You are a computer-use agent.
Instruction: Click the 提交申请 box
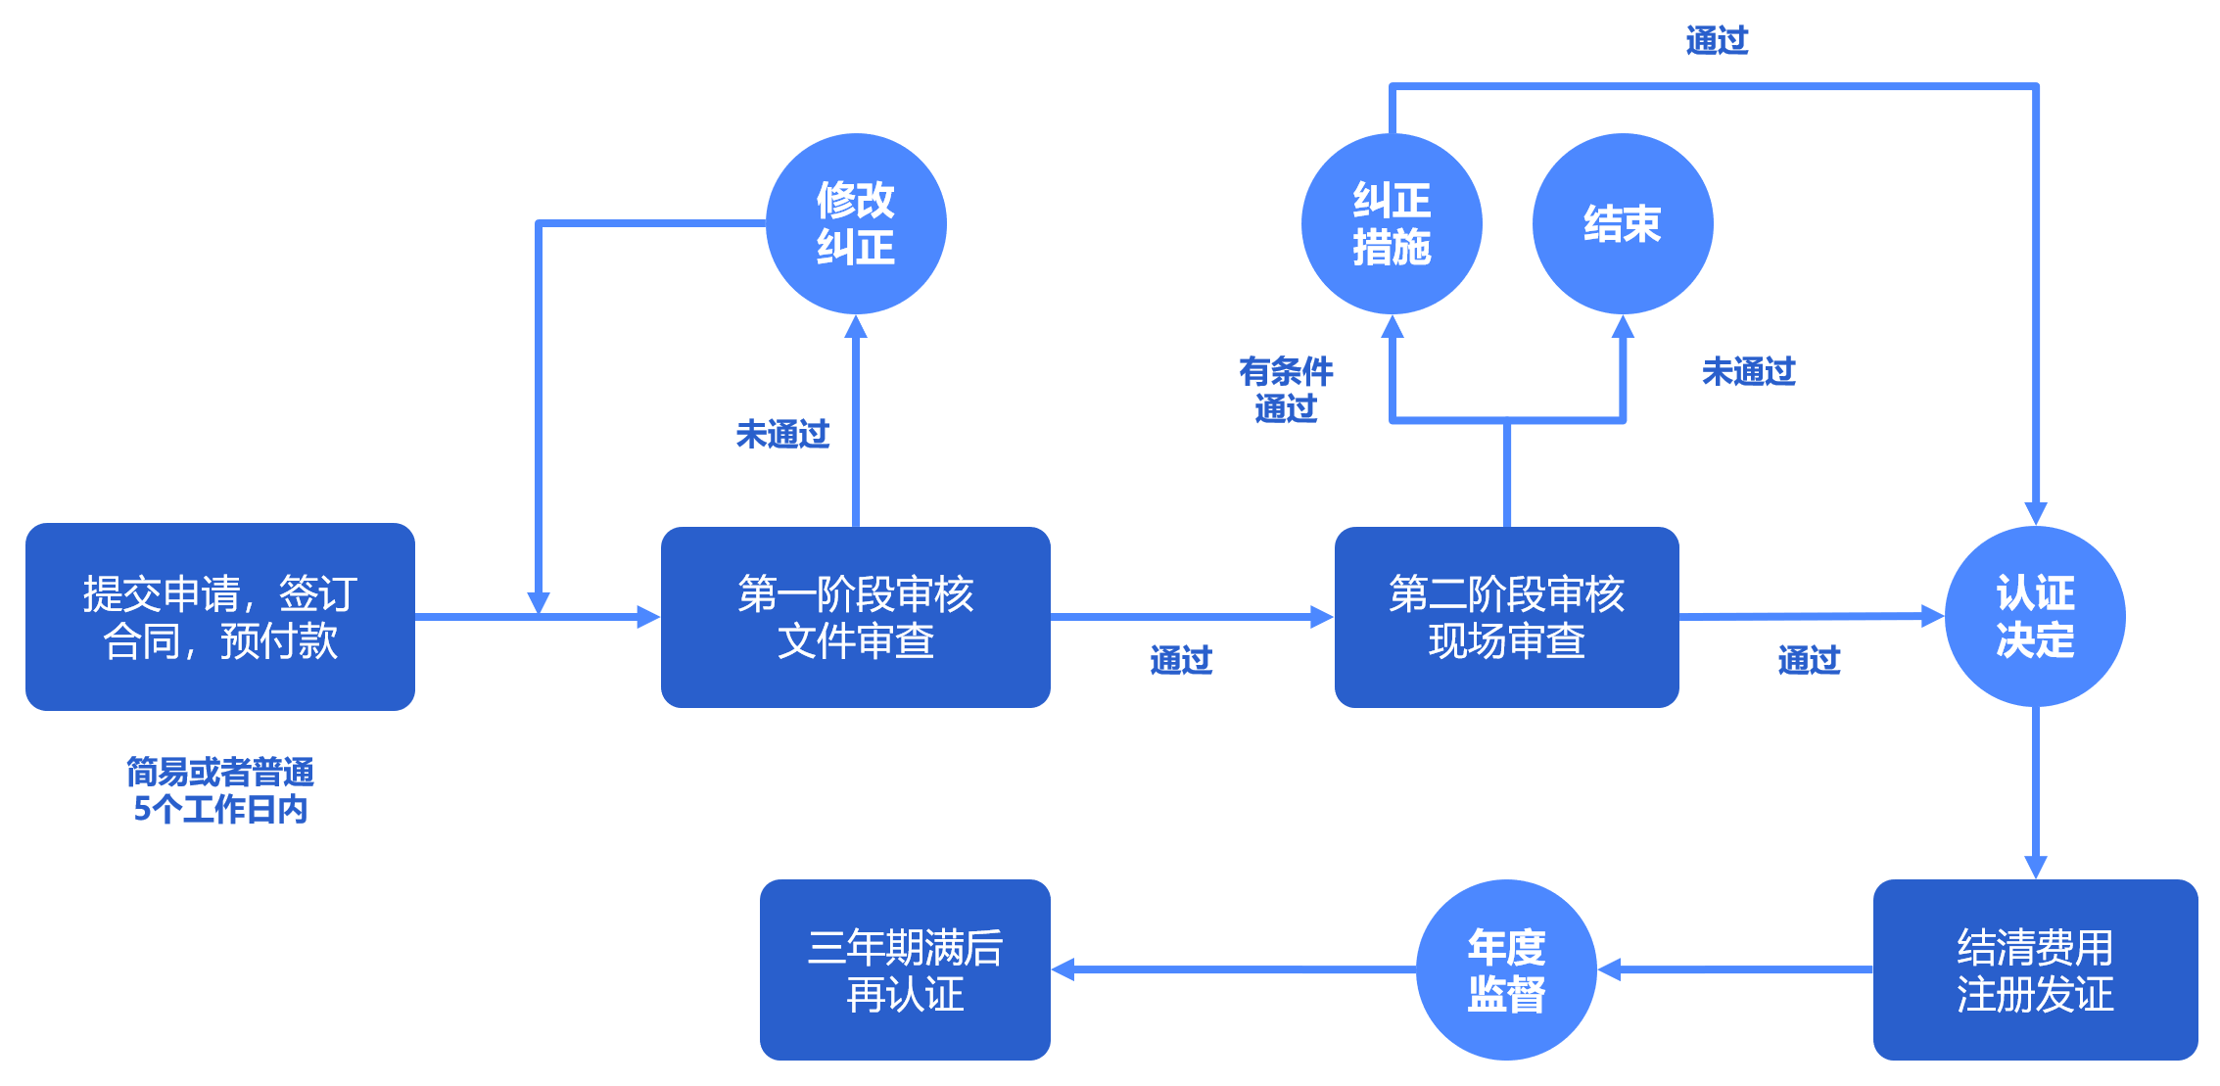(x=219, y=617)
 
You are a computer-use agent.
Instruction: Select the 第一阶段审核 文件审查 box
(x=855, y=617)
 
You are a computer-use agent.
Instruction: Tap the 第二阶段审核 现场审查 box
(x=1506, y=617)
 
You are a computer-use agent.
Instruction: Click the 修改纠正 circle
(x=855, y=223)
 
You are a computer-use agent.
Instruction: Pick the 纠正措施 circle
(x=1391, y=223)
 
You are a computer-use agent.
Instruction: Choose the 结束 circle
(x=1622, y=223)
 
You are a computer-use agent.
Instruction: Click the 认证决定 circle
(x=2034, y=616)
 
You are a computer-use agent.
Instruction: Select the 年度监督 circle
(x=1505, y=969)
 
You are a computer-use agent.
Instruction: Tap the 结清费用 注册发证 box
(x=2034, y=969)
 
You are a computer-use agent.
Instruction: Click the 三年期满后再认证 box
(x=905, y=969)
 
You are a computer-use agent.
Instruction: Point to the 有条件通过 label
(x=1285, y=390)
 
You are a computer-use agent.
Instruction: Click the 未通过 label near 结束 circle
(x=1748, y=372)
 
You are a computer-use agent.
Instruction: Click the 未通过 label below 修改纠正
(x=781, y=434)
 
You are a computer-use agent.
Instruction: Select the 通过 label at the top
(x=1716, y=41)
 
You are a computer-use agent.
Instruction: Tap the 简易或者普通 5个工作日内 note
(x=219, y=790)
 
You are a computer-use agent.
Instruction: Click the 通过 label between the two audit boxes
(x=1180, y=661)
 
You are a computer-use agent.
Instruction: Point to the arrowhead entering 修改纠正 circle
(x=856, y=327)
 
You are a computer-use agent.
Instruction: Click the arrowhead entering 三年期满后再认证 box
(x=1063, y=969)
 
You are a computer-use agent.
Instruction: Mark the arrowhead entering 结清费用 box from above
(x=2035, y=867)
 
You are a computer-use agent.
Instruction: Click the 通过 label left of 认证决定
(x=1808, y=661)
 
